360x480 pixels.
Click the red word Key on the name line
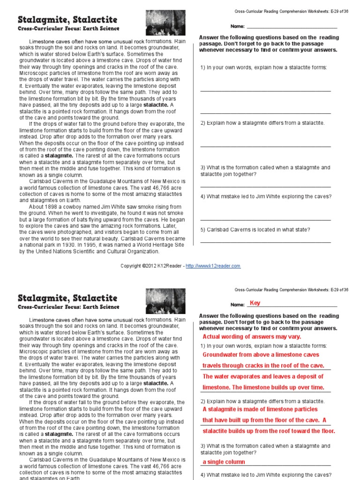(255, 303)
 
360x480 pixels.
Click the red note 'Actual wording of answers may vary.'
(252, 337)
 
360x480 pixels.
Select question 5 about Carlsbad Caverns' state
(262, 230)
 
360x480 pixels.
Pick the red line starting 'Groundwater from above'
(261, 355)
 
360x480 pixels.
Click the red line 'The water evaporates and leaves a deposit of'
(262, 376)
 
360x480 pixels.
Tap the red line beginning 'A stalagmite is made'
(260, 409)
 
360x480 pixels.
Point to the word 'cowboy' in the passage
(74, 207)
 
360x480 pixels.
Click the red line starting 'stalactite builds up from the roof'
(269, 431)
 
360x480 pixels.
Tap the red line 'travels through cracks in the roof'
(263, 366)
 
